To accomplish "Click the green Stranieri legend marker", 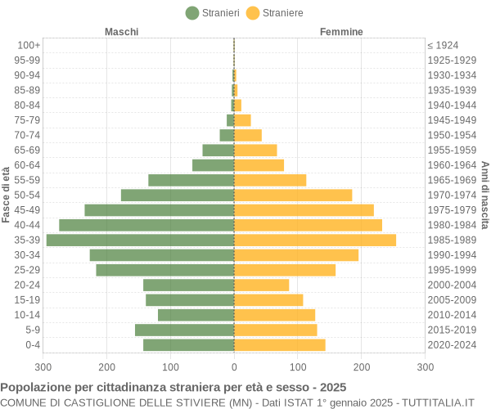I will click(x=192, y=12).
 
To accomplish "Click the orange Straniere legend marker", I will click(x=253, y=12).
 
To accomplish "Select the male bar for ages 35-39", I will click(x=140, y=240).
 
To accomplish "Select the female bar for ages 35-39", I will click(x=315, y=240).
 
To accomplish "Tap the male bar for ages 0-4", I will click(x=188, y=345).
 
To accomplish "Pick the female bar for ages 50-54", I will click(x=293, y=195).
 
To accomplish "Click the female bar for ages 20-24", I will click(x=262, y=285).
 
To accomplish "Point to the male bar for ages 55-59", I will click(x=191, y=180).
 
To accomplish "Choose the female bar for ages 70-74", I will click(x=248, y=135).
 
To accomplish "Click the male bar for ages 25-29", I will click(x=164, y=270).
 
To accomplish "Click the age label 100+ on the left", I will click(x=29, y=45).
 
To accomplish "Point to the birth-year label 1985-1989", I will click(x=452, y=240).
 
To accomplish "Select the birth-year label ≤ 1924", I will click(x=443, y=45).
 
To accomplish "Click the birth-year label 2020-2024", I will click(x=452, y=345).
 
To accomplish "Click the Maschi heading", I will click(x=121, y=32).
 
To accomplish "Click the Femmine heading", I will click(x=341, y=32).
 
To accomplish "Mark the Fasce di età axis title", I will click(x=7, y=195).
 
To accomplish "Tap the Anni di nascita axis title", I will click(x=484, y=195).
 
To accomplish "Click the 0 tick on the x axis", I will click(x=234, y=368).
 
